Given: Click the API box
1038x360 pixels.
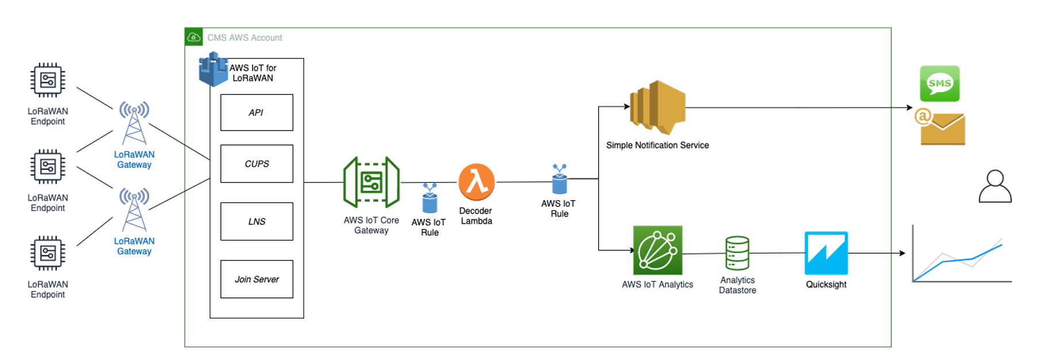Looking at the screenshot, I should coord(256,113).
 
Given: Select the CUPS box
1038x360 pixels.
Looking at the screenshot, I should coord(256,164).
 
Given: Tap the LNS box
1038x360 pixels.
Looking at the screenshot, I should coord(256,221).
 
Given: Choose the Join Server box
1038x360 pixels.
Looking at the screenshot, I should coord(256,279).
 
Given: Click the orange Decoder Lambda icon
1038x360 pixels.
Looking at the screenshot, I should coord(477,182).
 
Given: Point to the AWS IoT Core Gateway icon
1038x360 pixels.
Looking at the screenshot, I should coord(371,182).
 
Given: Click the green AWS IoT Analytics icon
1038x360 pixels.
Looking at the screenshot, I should coord(657,250).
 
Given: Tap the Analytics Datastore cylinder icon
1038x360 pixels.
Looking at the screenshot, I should coord(737,253).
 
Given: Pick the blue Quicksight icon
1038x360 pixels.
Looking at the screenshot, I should coord(826,253).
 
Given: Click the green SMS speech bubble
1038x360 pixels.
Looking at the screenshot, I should coord(940,83).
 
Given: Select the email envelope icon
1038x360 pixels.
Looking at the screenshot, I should coord(941,128).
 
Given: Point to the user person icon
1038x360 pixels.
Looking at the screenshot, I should coord(995,186).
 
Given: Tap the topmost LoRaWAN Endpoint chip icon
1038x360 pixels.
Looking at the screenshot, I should coord(48,80).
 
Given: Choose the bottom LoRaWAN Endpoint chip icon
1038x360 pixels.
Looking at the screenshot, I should coord(48,253).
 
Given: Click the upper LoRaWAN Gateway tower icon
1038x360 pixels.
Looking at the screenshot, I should coord(134,122).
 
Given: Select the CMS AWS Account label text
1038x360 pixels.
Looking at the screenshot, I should coord(244,38).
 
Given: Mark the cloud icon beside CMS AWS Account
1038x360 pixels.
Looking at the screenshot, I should coord(194,37).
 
